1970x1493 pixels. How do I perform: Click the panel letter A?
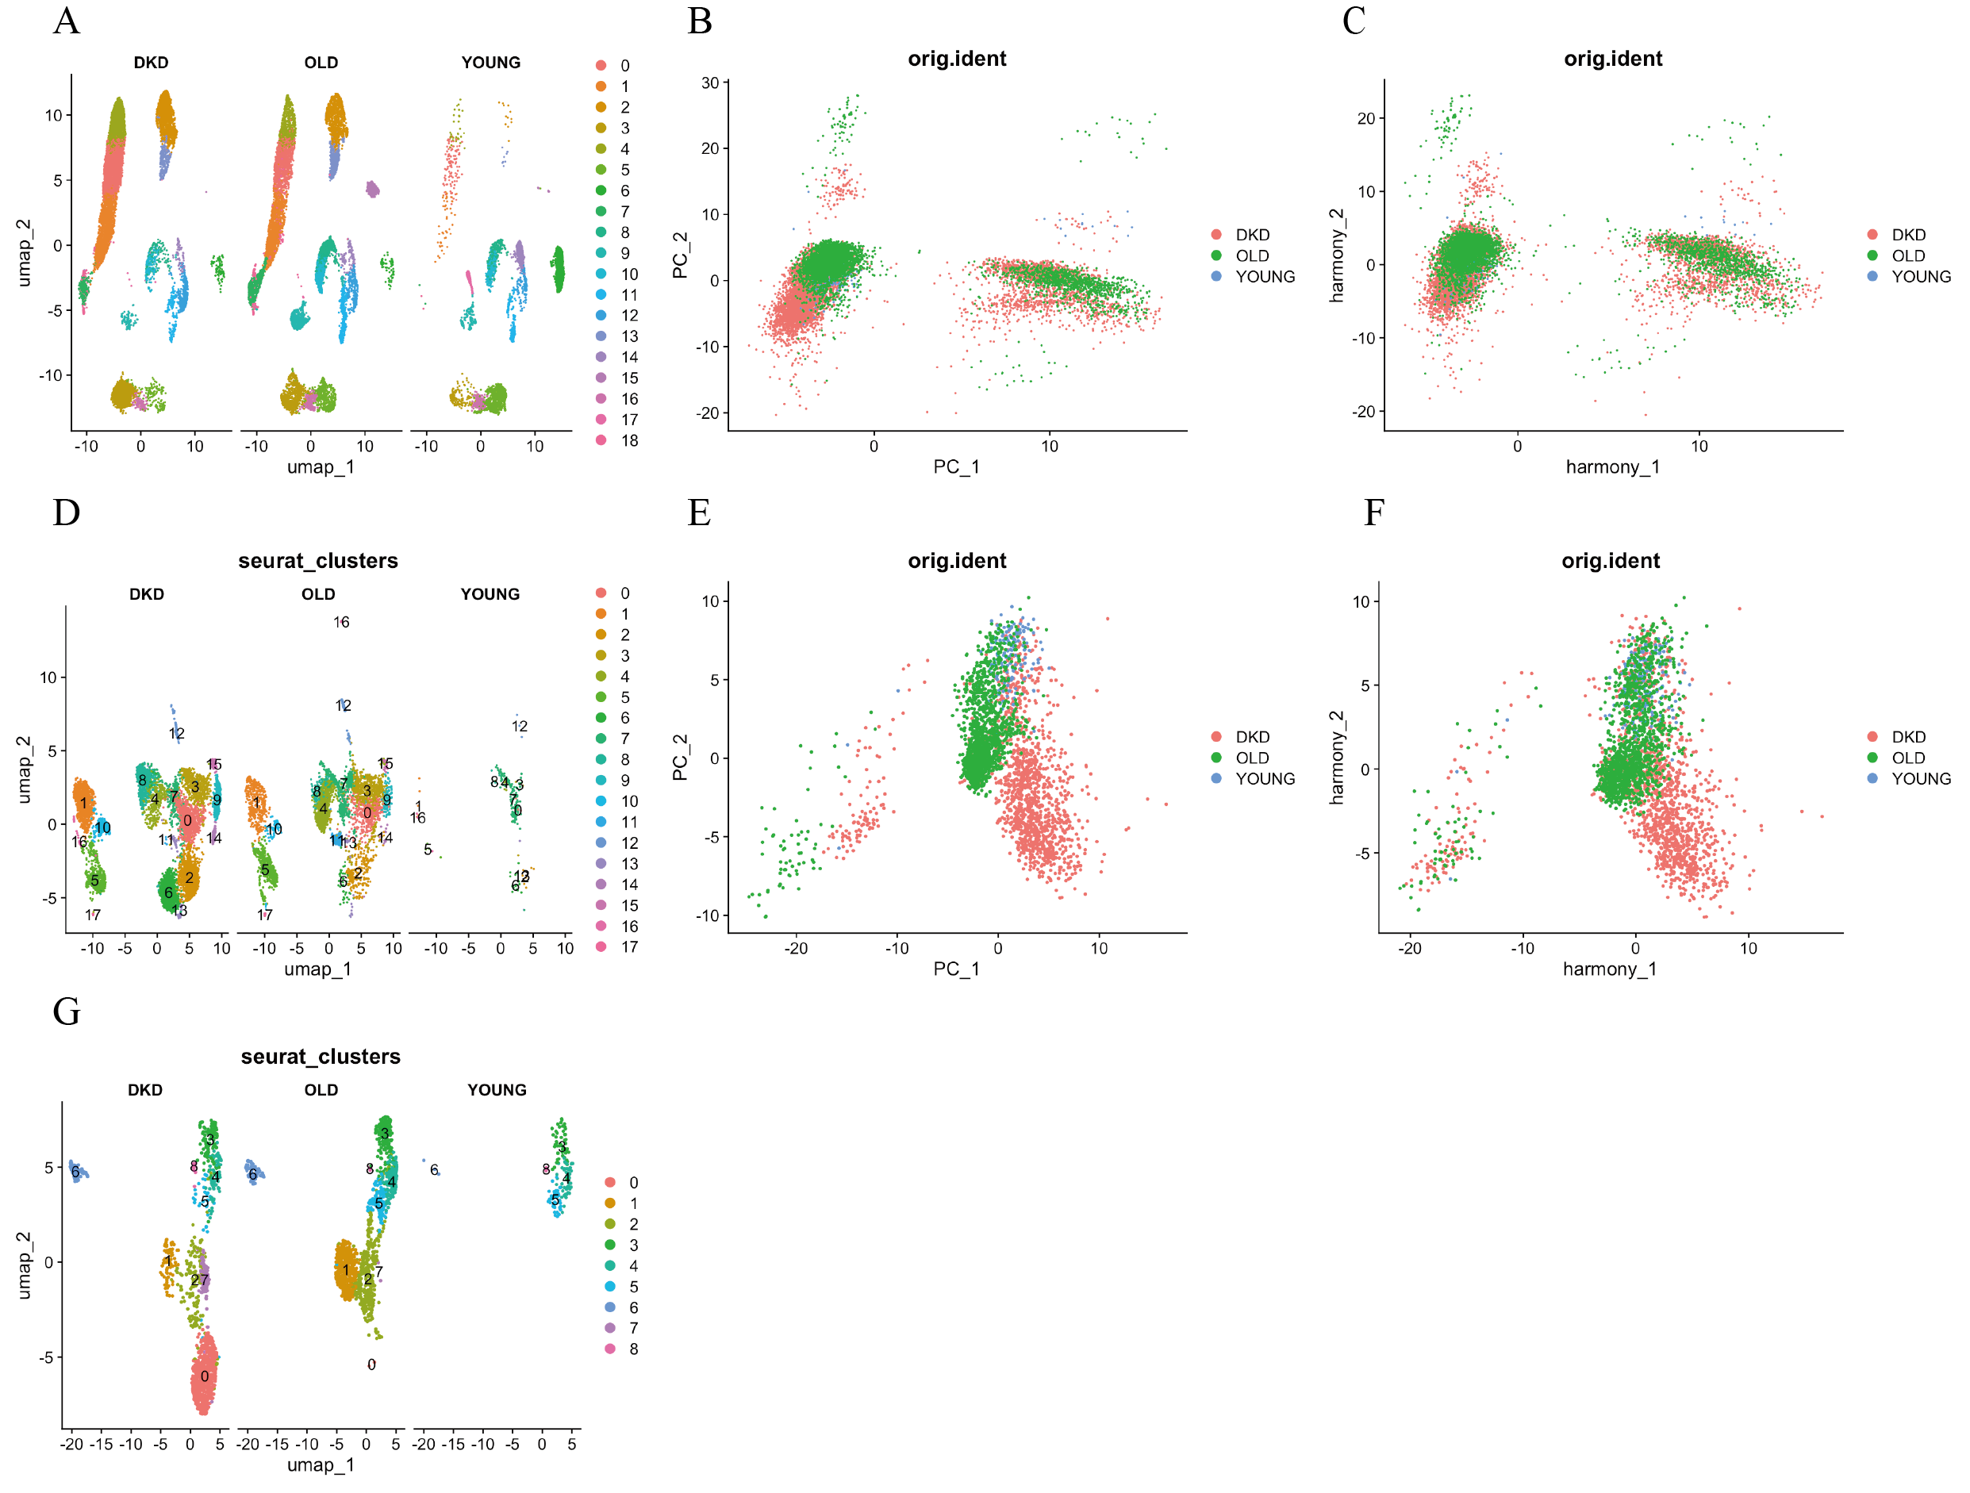click(x=66, y=21)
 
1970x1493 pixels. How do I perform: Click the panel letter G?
click(x=66, y=1011)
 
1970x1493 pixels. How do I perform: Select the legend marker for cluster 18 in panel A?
click(x=601, y=441)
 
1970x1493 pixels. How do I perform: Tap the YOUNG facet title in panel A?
click(x=491, y=63)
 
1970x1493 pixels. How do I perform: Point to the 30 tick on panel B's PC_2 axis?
click(x=710, y=83)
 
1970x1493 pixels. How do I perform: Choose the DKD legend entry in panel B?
click(x=1251, y=235)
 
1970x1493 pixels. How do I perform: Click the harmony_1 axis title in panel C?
click(x=1612, y=466)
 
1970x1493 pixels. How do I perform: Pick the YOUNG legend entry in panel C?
click(x=1920, y=277)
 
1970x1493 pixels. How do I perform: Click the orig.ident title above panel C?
click(x=1612, y=59)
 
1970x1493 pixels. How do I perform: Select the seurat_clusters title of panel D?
click(x=318, y=561)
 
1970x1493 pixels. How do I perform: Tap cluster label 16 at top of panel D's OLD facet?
click(x=341, y=622)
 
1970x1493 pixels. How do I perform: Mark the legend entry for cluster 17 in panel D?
click(x=628, y=947)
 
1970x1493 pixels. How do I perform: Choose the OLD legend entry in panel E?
click(x=1251, y=758)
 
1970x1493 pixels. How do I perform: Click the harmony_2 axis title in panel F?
click(x=1336, y=758)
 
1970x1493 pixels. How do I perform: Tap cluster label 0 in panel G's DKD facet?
click(x=204, y=1376)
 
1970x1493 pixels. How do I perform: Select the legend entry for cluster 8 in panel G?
click(x=632, y=1349)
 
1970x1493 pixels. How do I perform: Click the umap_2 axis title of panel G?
click(x=24, y=1265)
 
